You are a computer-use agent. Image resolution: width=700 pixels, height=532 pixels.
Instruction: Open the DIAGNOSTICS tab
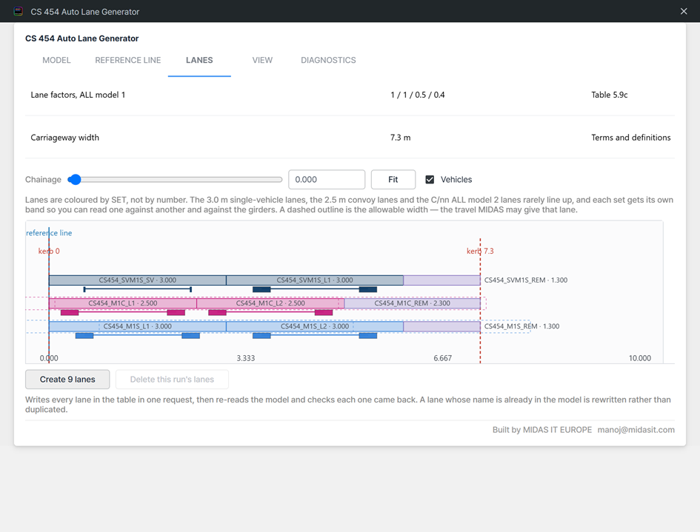click(x=328, y=60)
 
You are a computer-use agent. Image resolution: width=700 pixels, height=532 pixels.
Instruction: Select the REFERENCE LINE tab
click(x=127, y=60)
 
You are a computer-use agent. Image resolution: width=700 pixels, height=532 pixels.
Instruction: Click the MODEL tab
click(x=56, y=60)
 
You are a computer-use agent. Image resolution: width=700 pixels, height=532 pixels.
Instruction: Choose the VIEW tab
click(x=262, y=60)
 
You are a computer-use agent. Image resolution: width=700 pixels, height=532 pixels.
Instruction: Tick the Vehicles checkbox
click(x=430, y=179)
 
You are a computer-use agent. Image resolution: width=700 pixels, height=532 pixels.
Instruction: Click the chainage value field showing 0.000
click(x=327, y=179)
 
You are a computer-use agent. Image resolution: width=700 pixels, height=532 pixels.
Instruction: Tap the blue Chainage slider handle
click(x=75, y=179)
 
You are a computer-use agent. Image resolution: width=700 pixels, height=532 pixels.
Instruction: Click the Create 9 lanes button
click(x=67, y=380)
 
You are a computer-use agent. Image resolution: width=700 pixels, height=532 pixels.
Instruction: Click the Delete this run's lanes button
click(x=172, y=380)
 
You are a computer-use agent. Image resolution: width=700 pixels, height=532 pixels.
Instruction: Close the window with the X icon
click(x=684, y=11)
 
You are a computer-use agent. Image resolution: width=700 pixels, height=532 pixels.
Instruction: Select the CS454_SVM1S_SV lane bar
click(x=138, y=280)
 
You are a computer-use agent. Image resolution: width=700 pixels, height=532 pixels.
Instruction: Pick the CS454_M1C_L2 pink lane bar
click(x=270, y=303)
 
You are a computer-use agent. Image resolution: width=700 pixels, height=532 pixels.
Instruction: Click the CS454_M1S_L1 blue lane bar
click(x=138, y=326)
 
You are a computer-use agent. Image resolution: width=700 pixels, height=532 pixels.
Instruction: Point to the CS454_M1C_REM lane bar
click(x=412, y=303)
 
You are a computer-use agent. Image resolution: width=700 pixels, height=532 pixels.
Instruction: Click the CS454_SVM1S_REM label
click(x=526, y=280)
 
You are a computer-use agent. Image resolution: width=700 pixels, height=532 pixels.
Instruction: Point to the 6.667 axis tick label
click(x=442, y=358)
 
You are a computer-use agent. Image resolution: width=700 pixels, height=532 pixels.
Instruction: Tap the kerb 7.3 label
click(x=480, y=251)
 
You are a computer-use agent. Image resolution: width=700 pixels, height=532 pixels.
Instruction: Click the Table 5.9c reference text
click(x=610, y=95)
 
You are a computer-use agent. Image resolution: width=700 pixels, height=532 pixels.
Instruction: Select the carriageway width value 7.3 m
click(x=401, y=138)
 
